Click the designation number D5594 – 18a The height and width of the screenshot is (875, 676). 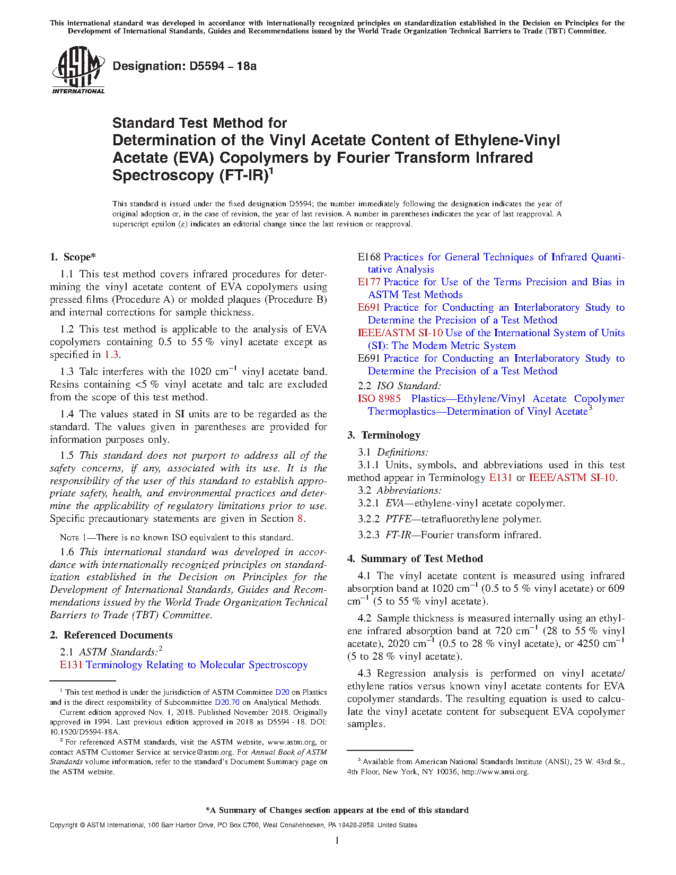223,66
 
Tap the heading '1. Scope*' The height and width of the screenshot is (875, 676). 73,257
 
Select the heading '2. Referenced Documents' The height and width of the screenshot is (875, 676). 111,635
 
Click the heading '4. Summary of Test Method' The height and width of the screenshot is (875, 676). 415,559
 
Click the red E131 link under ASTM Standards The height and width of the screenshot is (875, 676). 71,665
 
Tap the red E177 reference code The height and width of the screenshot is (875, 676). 368,282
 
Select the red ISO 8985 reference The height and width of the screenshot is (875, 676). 379,399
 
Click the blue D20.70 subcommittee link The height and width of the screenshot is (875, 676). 227,703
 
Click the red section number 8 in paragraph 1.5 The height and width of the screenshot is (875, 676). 300,519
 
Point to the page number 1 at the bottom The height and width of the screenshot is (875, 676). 337,841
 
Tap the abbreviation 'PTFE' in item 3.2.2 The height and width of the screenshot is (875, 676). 398,519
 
